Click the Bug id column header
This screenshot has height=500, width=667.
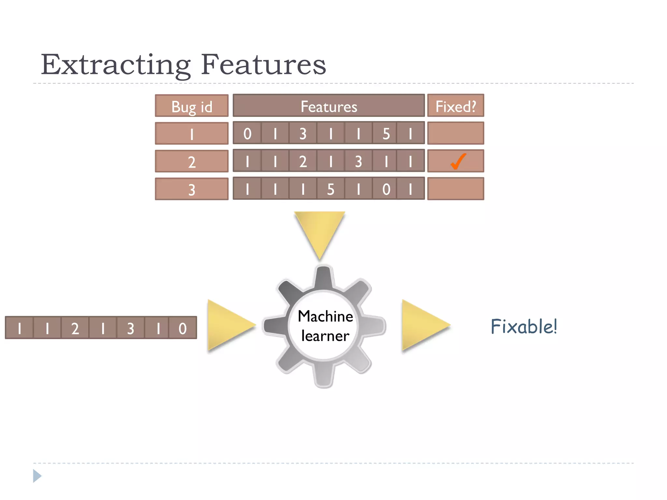[x=192, y=106]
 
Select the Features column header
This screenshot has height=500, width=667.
[x=329, y=106]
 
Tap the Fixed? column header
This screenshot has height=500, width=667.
[x=455, y=106]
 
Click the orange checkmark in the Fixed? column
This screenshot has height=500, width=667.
[x=458, y=161]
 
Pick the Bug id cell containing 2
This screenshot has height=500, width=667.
[x=192, y=161]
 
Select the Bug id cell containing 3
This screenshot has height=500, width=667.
[x=192, y=189]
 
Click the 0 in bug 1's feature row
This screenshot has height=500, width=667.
[x=247, y=133]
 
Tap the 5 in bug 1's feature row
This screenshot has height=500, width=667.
[x=386, y=133]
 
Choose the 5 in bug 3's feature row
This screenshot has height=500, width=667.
[x=331, y=189]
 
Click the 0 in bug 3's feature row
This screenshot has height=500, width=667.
[x=386, y=189]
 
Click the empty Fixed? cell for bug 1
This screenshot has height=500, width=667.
[x=455, y=133]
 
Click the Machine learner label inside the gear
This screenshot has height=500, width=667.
[x=325, y=326]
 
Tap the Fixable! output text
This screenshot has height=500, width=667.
[x=523, y=326]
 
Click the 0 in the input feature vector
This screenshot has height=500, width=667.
[x=182, y=328]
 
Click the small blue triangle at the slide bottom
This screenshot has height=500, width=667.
[x=37, y=476]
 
